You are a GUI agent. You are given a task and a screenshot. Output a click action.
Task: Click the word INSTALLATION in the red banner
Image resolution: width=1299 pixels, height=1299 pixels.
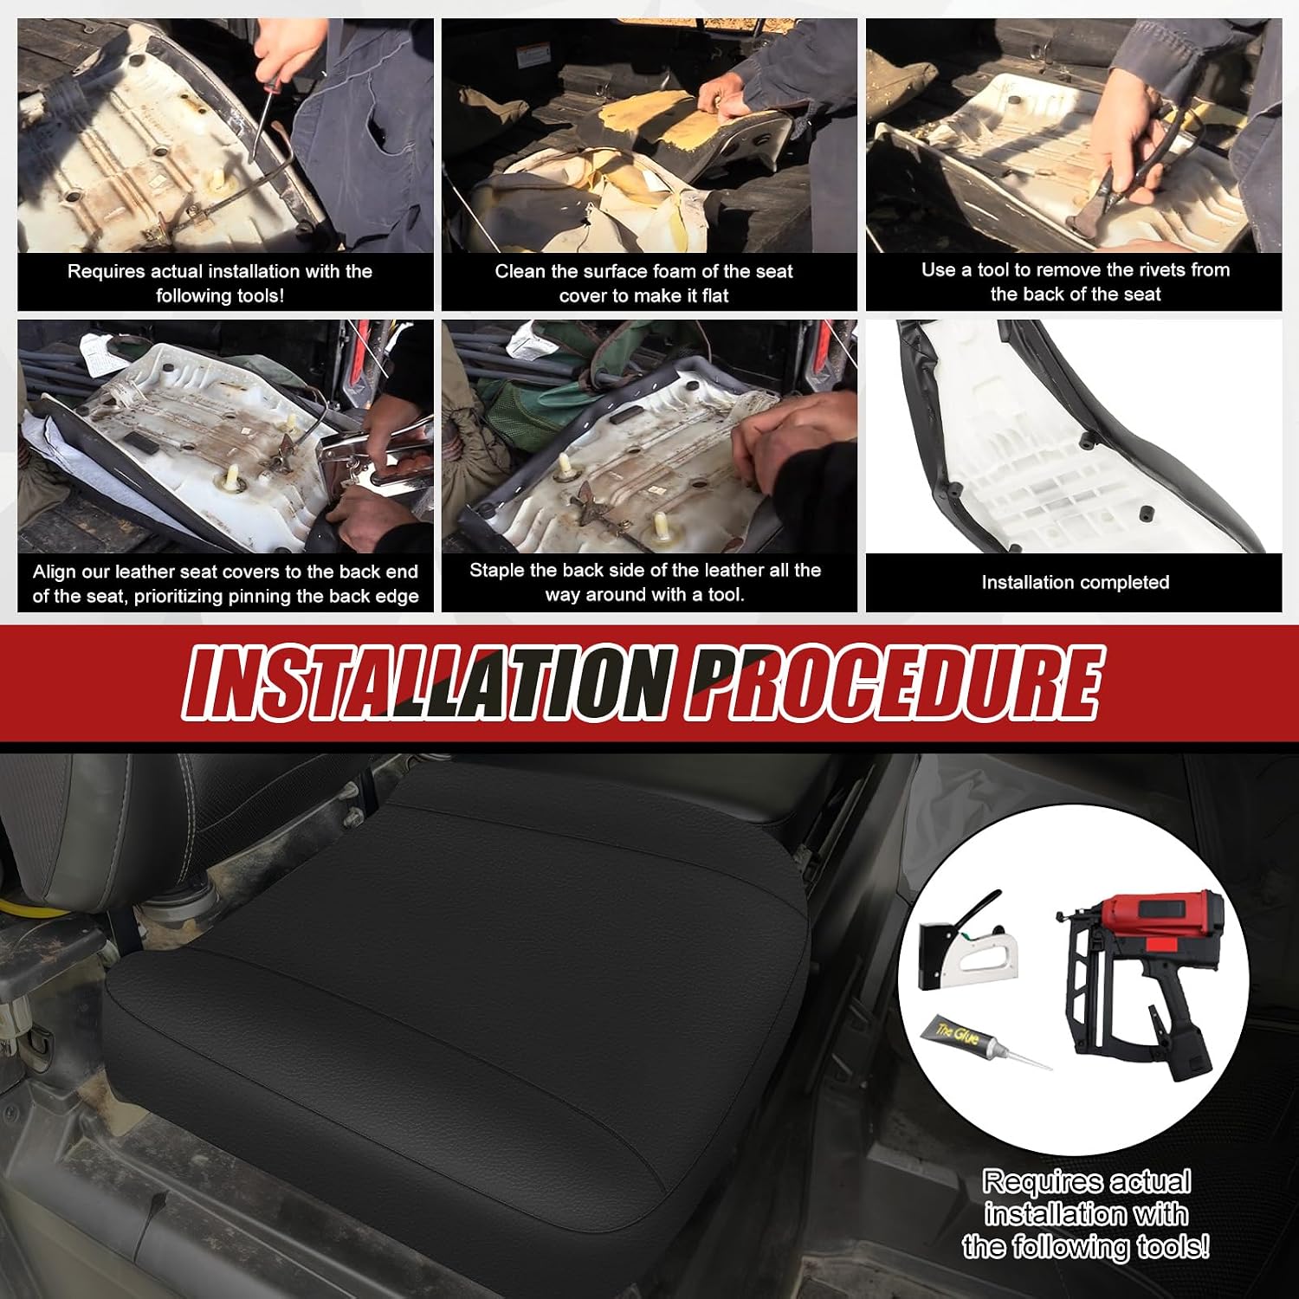tap(427, 682)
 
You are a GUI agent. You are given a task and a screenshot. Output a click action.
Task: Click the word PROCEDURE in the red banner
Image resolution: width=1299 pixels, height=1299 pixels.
tap(893, 682)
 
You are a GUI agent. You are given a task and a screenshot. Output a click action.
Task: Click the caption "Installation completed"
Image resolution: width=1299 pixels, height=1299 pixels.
tap(1075, 582)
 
